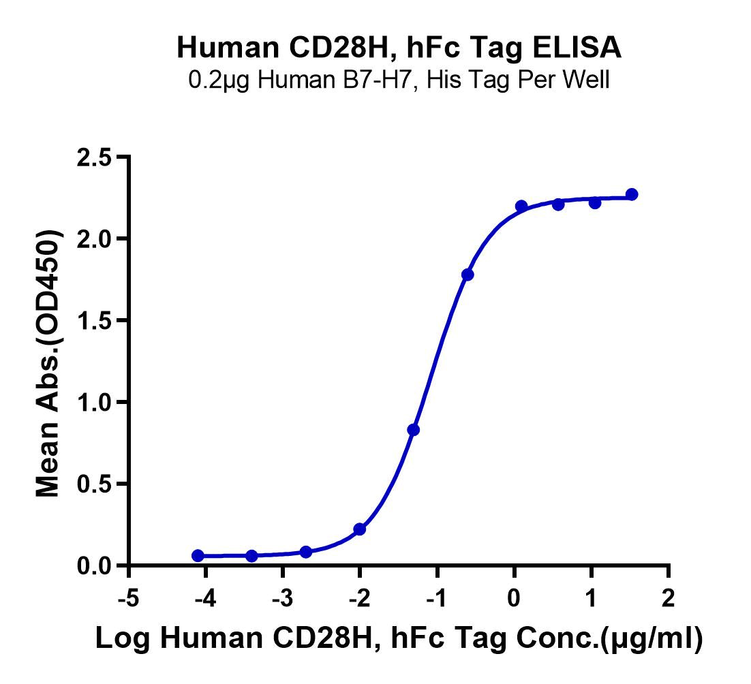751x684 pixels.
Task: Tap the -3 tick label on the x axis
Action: pyautogui.click(x=283, y=599)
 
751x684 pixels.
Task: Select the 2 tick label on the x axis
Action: pyautogui.click(x=669, y=599)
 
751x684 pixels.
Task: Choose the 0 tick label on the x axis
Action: pyautogui.click(x=514, y=599)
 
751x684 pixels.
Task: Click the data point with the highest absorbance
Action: pyautogui.click(x=632, y=194)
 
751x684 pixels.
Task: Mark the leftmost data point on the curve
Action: pyautogui.click(x=198, y=556)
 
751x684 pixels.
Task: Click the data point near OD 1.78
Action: pyautogui.click(x=468, y=275)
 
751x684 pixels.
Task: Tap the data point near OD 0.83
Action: pyautogui.click(x=414, y=430)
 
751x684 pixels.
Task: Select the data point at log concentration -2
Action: pyautogui.click(x=360, y=529)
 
